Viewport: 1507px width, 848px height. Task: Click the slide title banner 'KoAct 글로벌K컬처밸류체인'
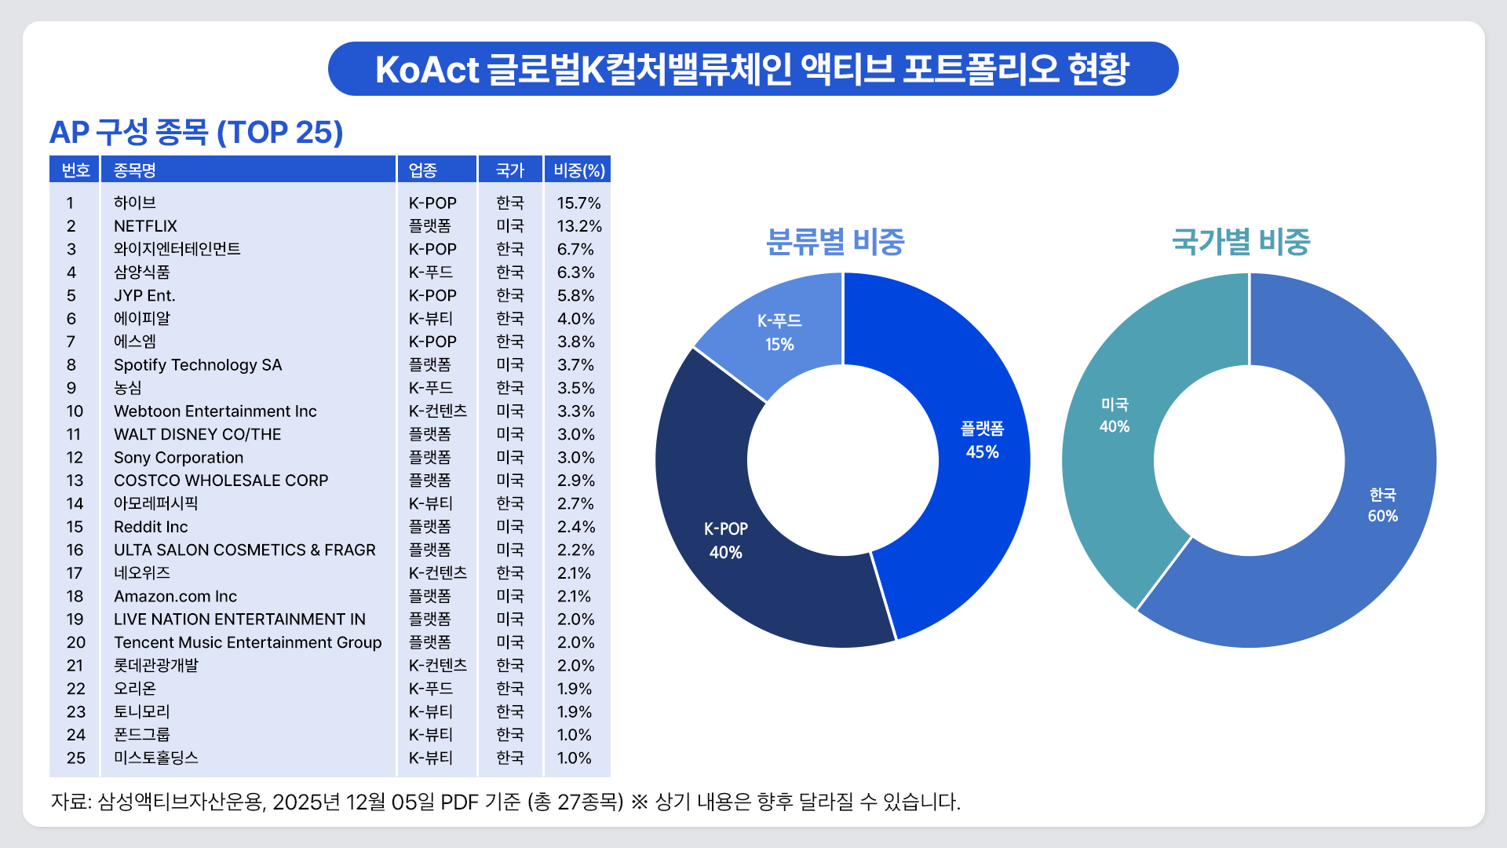(752, 69)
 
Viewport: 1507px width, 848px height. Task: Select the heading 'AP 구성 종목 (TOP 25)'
(196, 132)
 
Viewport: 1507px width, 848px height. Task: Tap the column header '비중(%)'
(578, 170)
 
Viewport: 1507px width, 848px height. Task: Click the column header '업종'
(423, 170)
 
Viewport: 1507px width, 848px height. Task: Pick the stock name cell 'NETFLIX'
(145, 226)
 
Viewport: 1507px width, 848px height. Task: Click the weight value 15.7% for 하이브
(578, 203)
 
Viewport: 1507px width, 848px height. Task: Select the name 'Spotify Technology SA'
(198, 365)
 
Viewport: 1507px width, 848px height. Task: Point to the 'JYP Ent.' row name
(144, 296)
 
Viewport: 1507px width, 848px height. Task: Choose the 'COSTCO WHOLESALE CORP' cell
(221, 481)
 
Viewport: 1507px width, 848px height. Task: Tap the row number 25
(75, 758)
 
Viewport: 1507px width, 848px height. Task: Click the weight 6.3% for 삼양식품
(575, 272)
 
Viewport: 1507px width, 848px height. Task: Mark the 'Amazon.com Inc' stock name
(175, 597)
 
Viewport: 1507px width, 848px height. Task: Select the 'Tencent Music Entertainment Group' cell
(247, 643)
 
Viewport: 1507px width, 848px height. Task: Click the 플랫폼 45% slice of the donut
(981, 440)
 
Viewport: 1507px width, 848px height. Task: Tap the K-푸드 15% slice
(779, 333)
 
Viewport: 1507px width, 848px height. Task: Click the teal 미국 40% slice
(1114, 415)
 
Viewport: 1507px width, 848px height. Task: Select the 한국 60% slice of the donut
(1381, 506)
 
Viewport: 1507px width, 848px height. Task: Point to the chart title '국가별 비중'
(1241, 242)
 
